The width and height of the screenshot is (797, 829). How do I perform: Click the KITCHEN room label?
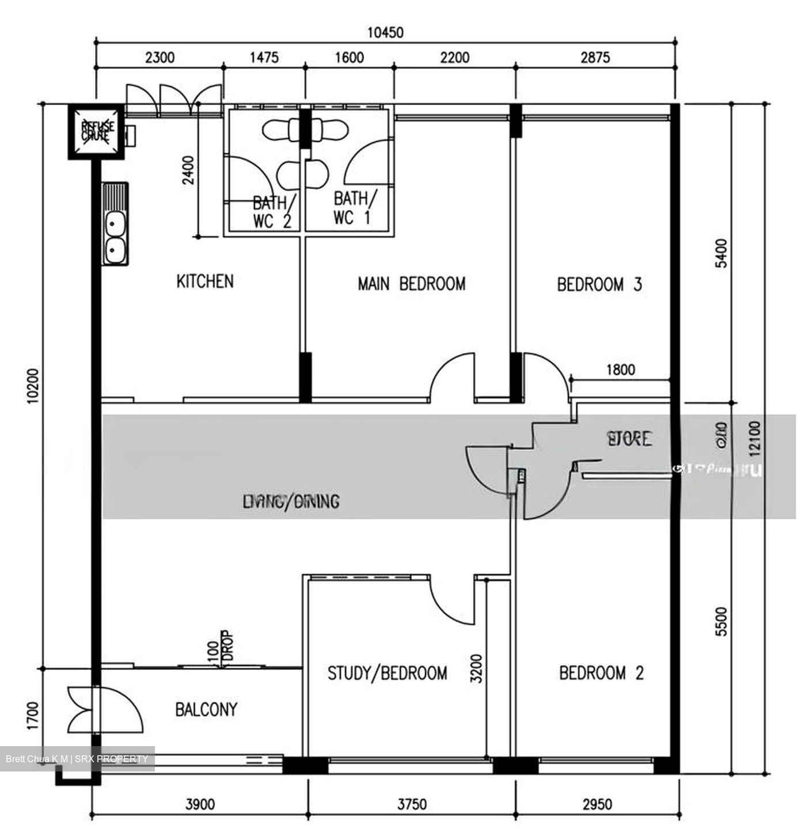[204, 282]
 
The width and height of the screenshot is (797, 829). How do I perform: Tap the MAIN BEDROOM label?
[411, 284]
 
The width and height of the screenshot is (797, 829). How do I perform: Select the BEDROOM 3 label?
[599, 284]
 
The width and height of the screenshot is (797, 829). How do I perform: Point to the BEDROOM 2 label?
[601, 672]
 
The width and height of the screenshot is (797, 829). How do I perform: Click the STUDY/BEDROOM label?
[387, 673]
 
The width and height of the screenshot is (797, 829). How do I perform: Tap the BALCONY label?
[206, 709]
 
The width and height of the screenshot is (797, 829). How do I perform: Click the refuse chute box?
[96, 131]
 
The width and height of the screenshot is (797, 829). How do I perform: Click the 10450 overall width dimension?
[385, 33]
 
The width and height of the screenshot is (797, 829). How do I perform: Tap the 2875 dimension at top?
[595, 57]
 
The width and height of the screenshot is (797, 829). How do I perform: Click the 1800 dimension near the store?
[620, 370]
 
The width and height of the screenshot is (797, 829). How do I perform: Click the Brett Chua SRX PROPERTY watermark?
[77, 759]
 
